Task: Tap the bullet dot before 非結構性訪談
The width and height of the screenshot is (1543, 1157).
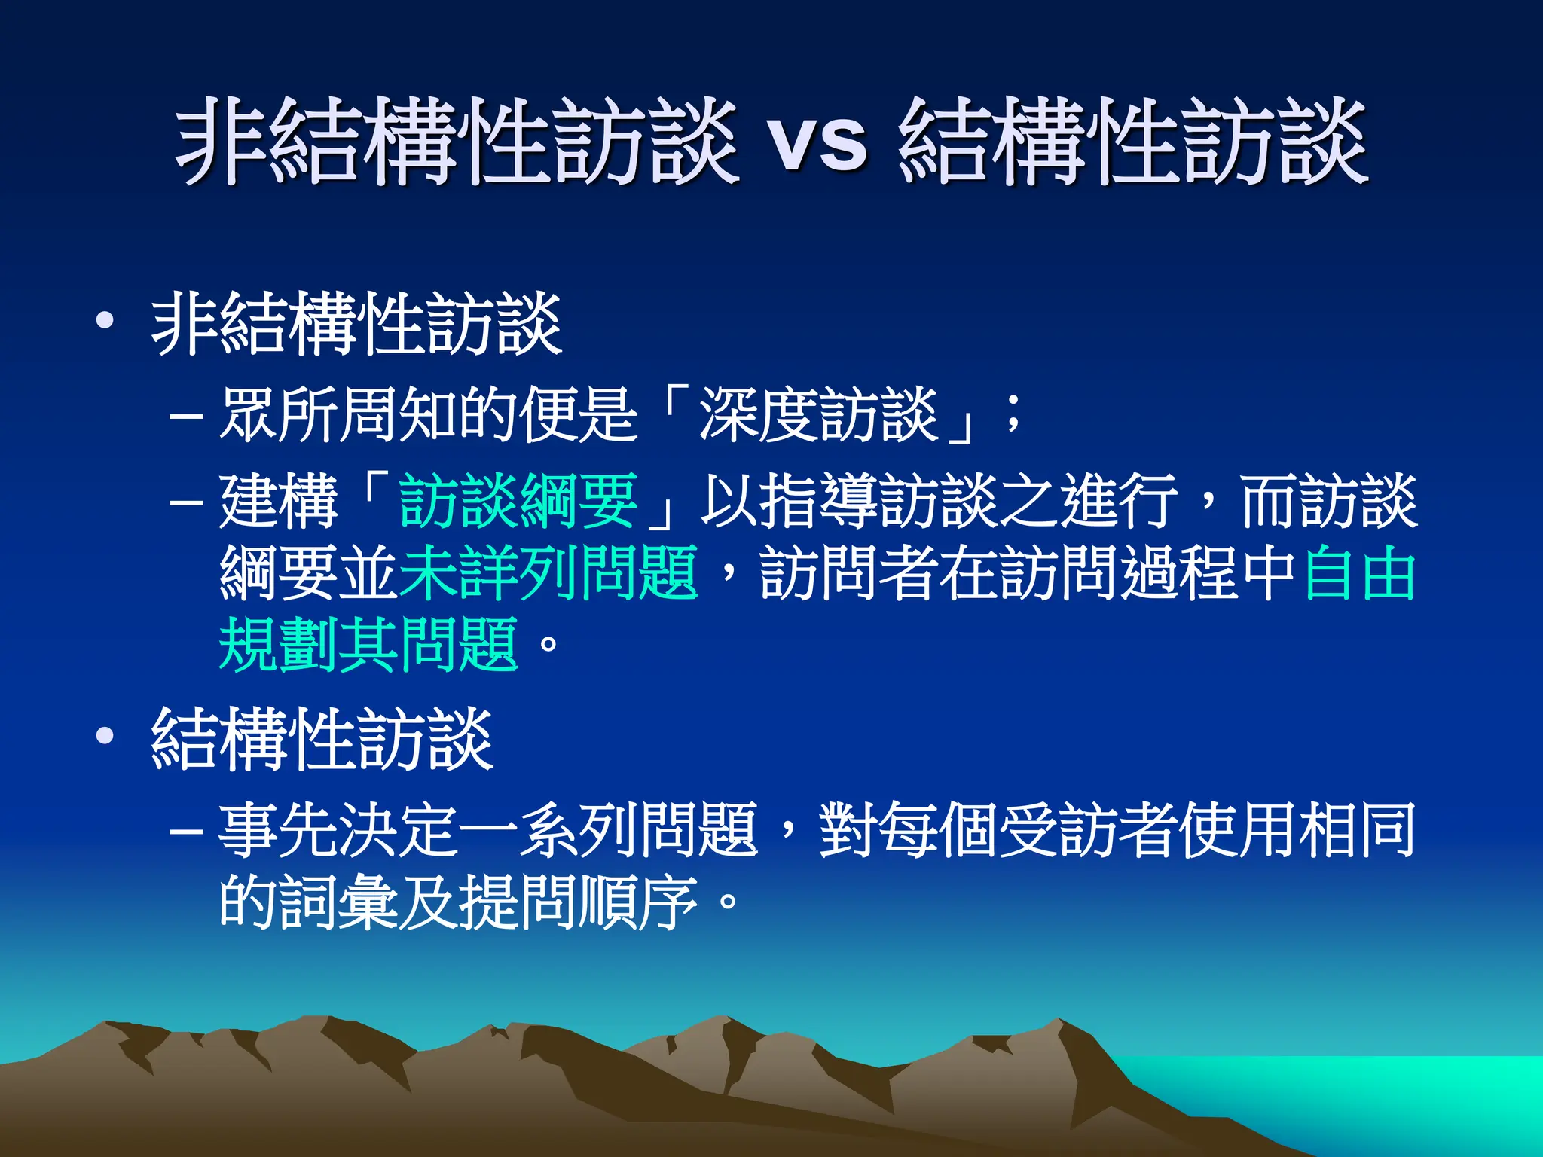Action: click(x=105, y=322)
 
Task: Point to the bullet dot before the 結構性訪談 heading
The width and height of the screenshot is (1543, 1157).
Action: click(x=105, y=736)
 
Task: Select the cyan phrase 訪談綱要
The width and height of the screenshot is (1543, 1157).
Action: click(x=518, y=501)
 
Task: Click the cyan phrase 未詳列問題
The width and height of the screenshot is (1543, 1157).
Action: click(x=548, y=573)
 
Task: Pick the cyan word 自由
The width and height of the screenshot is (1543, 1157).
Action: click(x=1359, y=573)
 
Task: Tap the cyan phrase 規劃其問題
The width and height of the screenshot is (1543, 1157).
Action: click(x=368, y=645)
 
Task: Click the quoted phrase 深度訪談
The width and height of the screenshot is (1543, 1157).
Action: click(x=818, y=415)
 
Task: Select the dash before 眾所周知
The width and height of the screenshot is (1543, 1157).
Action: click(x=186, y=417)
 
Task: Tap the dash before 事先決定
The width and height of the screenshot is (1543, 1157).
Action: click(x=186, y=832)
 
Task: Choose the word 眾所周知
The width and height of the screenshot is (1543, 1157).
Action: click(x=339, y=415)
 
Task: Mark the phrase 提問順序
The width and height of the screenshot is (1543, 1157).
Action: click(x=579, y=902)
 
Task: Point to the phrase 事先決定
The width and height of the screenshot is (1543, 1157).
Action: click(x=339, y=831)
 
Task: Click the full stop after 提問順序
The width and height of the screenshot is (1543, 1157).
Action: click(x=728, y=902)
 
